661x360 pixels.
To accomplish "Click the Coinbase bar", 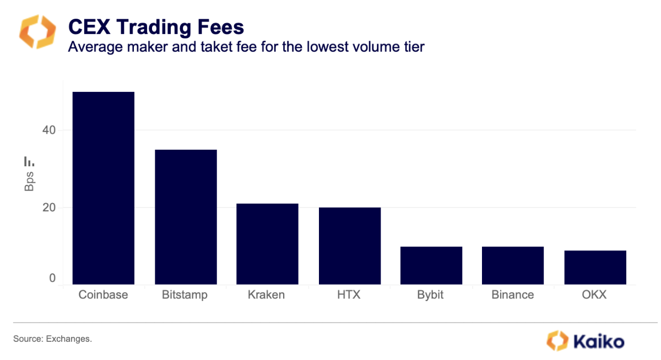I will click(x=104, y=188).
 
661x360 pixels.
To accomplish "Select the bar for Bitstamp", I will click(x=186, y=217).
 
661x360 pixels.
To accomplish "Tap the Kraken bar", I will click(x=267, y=244).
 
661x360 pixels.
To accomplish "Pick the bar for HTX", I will click(x=349, y=246).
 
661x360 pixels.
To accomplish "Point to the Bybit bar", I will click(x=431, y=265).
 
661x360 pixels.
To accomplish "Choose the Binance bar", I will click(x=513, y=265).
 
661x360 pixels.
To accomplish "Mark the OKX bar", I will click(x=595, y=268).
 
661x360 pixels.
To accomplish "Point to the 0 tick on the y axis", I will click(x=52, y=279).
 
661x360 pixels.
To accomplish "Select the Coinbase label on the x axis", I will click(x=103, y=295).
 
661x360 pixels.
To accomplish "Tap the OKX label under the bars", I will click(x=594, y=295).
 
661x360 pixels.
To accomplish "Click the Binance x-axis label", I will click(x=512, y=295).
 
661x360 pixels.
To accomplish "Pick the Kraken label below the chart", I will click(x=267, y=295).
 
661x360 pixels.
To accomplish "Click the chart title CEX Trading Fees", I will click(x=155, y=27).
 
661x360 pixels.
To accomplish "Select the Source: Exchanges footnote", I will click(x=52, y=339).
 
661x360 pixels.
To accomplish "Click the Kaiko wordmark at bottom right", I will click(x=599, y=341).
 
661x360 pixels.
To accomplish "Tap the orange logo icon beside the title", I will click(x=37, y=32).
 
